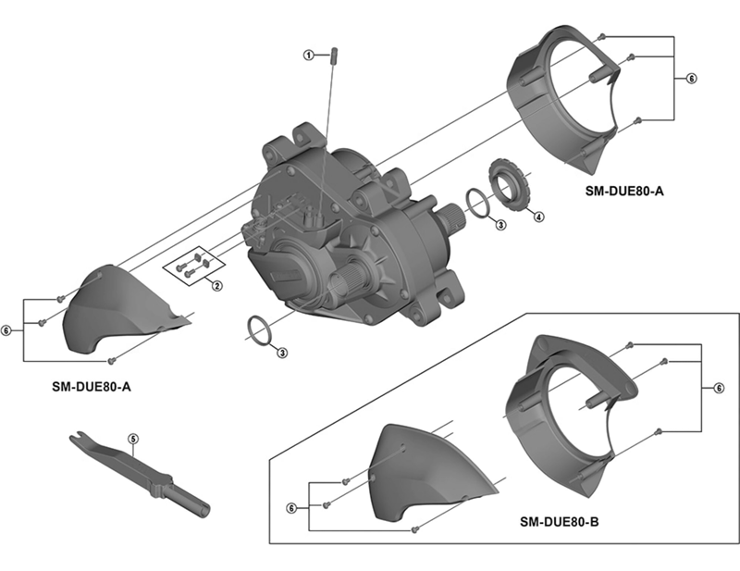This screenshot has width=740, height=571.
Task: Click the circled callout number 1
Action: (310, 55)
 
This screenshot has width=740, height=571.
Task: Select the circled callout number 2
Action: (215, 285)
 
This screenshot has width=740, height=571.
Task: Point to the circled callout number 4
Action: (539, 217)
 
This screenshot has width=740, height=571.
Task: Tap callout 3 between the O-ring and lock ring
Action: (499, 225)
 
